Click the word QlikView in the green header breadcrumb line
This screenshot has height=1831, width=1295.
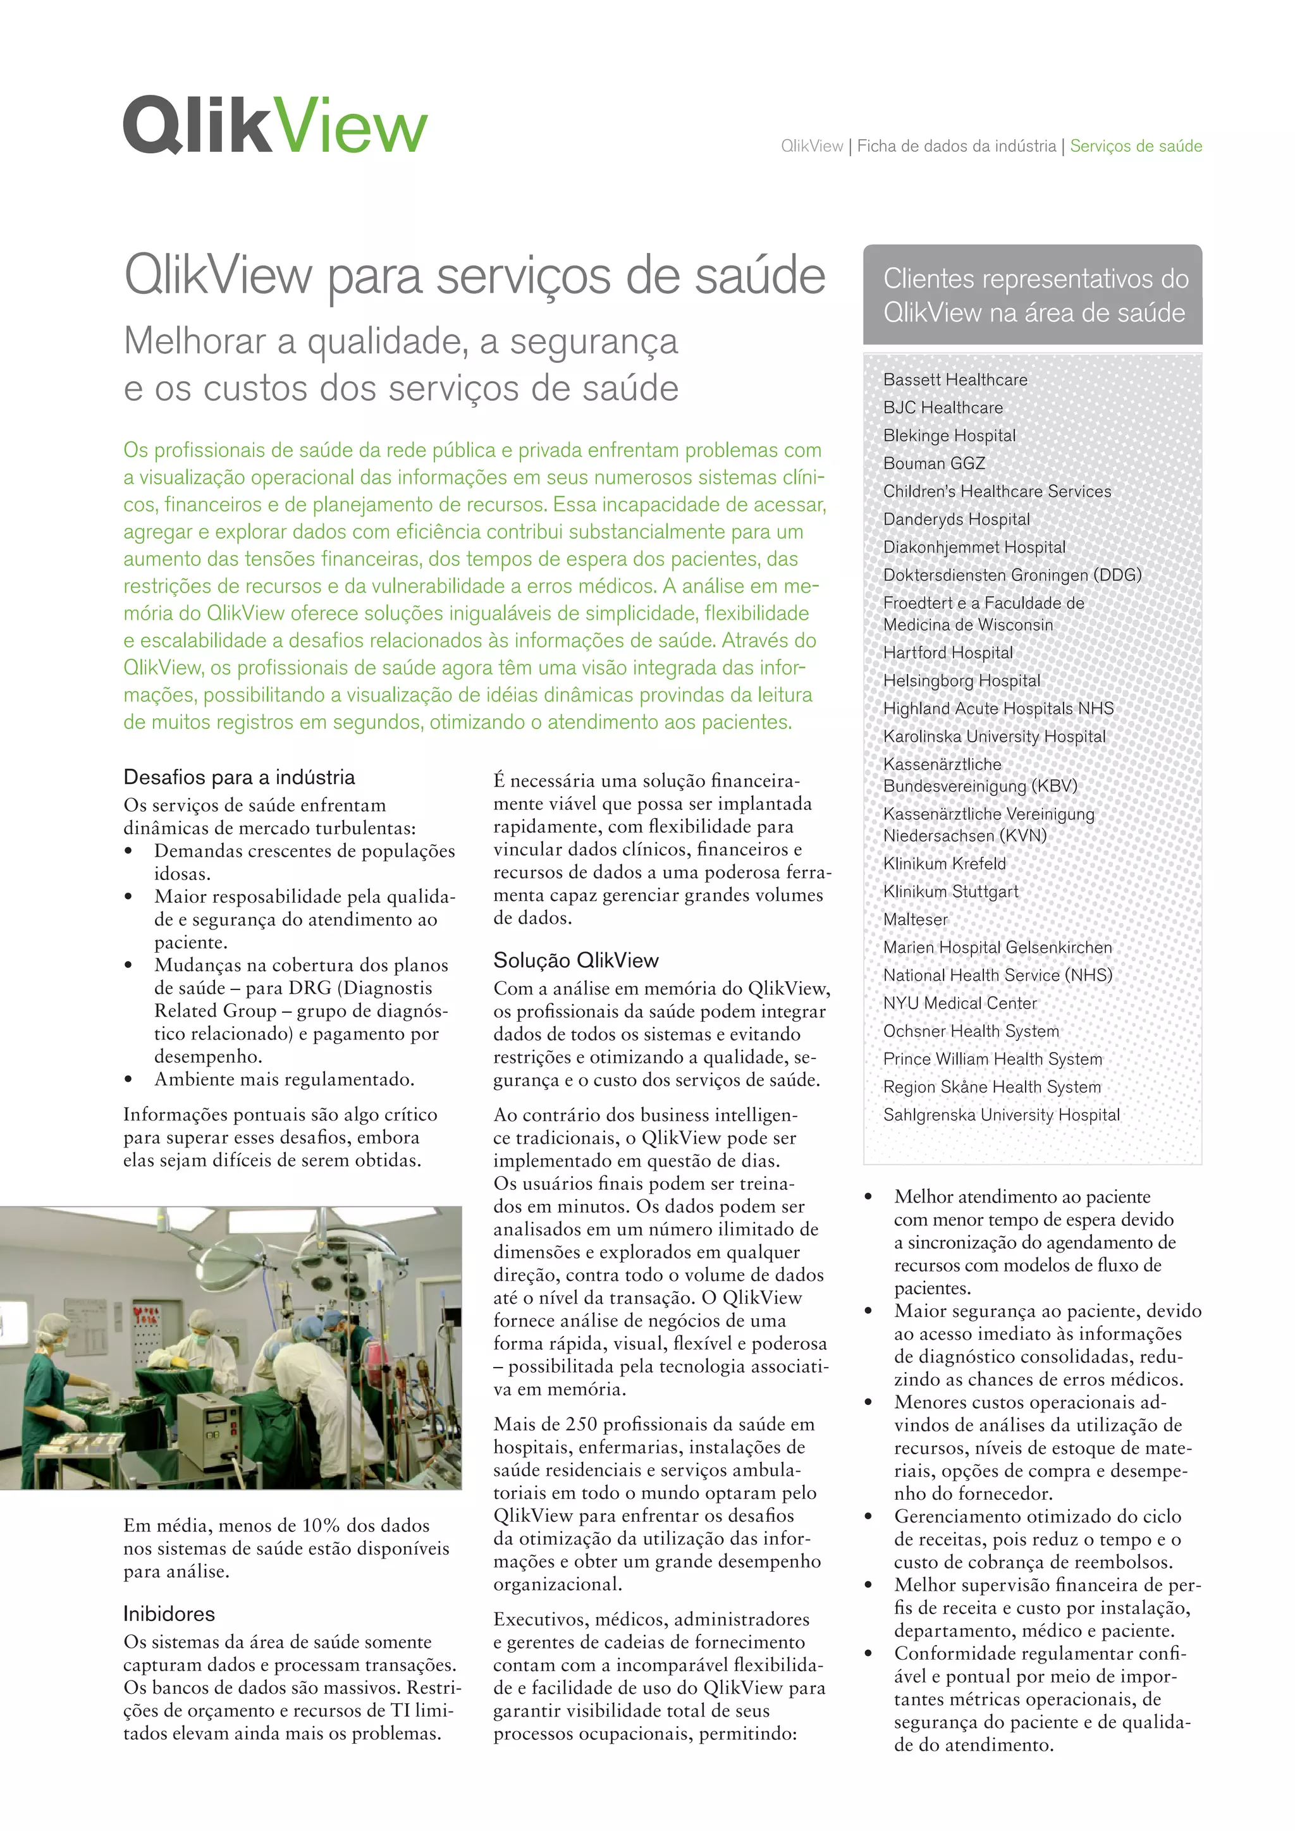(812, 146)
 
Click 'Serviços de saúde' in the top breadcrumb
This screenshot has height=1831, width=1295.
(1136, 146)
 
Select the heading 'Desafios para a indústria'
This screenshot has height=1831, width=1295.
(239, 777)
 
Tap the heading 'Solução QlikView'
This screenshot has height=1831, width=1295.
(576, 960)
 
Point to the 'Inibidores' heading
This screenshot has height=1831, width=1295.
(169, 1614)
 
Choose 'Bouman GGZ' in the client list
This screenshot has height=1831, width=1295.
(934, 463)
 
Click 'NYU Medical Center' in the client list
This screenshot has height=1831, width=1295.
(960, 1003)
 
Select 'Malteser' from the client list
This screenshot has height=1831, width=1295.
(916, 919)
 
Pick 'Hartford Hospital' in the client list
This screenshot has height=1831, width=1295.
(948, 652)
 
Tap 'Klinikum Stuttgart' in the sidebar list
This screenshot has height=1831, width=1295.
(950, 891)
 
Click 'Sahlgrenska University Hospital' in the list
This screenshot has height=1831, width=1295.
(1002, 1115)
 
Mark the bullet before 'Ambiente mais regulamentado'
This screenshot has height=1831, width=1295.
(128, 1080)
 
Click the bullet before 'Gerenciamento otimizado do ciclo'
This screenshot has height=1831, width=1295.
(868, 1517)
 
